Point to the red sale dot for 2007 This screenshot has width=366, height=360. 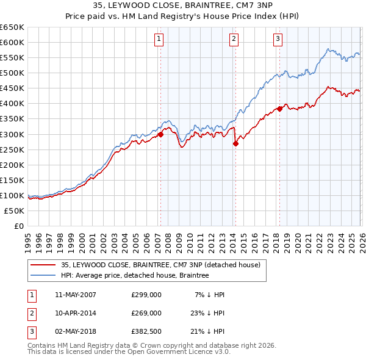pyautogui.click(x=160, y=134)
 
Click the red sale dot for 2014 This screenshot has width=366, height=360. pyautogui.click(x=235, y=143)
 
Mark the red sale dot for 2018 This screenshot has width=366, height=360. pyautogui.click(x=279, y=109)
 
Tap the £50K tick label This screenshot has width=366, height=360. pyautogui.click(x=15, y=211)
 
